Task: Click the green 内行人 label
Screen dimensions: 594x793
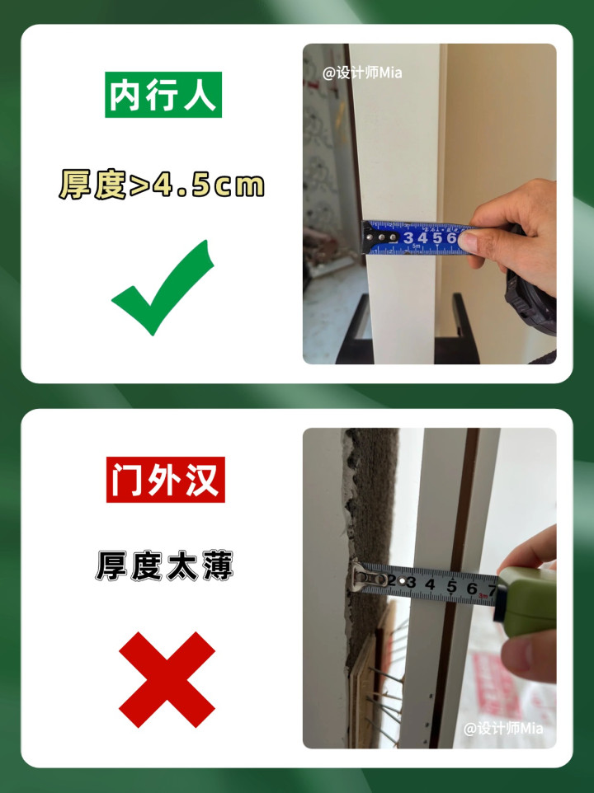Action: (x=163, y=95)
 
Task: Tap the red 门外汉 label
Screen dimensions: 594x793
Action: (x=166, y=480)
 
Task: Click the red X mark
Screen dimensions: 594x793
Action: (x=167, y=680)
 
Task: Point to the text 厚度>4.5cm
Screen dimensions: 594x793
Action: (x=162, y=184)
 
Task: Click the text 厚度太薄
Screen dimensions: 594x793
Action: (x=164, y=565)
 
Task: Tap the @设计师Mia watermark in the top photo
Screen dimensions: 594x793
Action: (x=362, y=73)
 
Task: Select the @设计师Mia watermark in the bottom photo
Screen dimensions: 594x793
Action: (x=503, y=728)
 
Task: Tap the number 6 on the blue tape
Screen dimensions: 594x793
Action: (x=451, y=237)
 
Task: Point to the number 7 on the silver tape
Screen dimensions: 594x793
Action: (x=492, y=590)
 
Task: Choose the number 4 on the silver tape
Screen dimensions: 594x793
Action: (x=430, y=585)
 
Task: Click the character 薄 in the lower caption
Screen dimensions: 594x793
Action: (x=218, y=565)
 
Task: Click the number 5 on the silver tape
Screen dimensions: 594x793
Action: (x=451, y=587)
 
